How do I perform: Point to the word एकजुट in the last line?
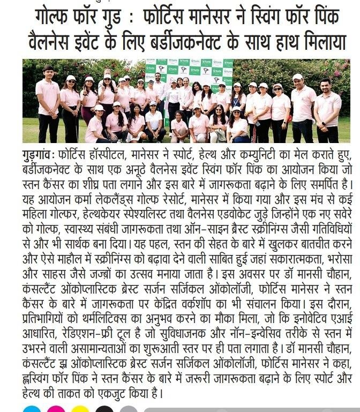pos(94,393)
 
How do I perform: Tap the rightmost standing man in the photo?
pos(327,107)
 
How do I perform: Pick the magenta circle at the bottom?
pos(56,410)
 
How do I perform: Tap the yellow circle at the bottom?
pos(80,410)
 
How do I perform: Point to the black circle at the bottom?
pos(104,410)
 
